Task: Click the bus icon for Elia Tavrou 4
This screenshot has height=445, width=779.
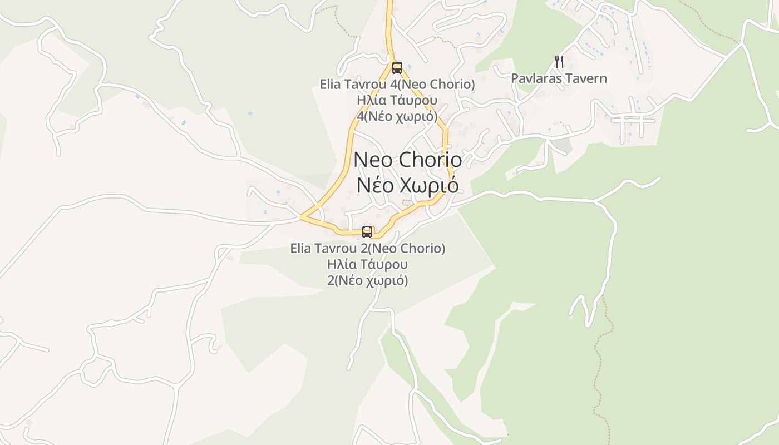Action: (397, 68)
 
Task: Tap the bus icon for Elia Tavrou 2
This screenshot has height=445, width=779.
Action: (367, 231)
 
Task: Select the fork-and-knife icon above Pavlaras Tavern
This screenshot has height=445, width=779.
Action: (559, 61)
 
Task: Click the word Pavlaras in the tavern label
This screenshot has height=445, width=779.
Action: (536, 78)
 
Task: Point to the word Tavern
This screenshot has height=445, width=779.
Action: (585, 78)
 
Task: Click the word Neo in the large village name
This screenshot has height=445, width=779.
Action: (373, 160)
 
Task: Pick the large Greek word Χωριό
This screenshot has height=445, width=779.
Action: (430, 185)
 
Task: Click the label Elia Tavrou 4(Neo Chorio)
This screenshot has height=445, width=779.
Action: (397, 85)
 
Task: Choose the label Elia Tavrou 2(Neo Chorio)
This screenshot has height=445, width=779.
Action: (368, 248)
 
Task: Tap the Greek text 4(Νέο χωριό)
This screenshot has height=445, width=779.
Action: (397, 117)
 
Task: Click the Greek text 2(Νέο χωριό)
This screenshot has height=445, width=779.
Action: (368, 280)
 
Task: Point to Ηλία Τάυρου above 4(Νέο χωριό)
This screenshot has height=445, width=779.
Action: (397, 101)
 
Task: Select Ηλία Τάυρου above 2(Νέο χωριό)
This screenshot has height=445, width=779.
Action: (368, 264)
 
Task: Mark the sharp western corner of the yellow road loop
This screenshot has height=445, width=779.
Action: (301, 217)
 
